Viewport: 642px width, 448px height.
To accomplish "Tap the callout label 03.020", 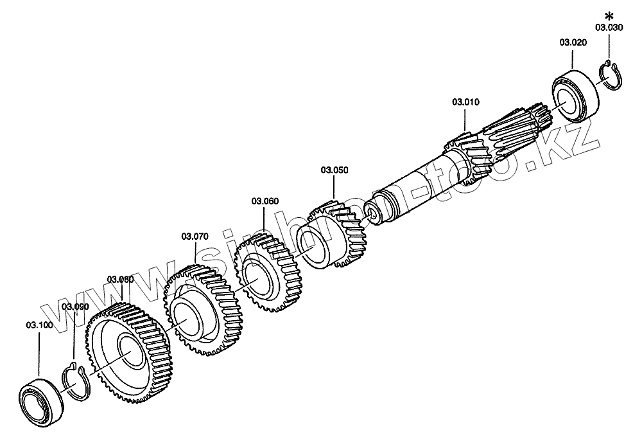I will (573, 42).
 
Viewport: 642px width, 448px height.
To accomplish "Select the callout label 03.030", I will (608, 28).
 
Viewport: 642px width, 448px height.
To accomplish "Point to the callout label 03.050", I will (334, 170).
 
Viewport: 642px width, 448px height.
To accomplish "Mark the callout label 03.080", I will (120, 279).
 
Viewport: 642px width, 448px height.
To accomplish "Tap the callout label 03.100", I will (39, 325).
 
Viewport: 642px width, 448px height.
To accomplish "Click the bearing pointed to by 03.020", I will (575, 94).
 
